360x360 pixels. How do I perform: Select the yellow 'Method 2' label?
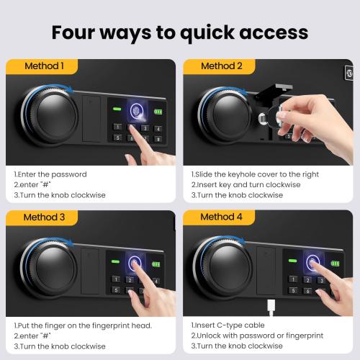(x=222, y=66)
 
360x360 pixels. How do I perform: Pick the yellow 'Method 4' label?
(x=222, y=217)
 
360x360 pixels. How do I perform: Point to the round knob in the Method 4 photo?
(x=225, y=268)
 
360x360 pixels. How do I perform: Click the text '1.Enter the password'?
(x=50, y=174)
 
